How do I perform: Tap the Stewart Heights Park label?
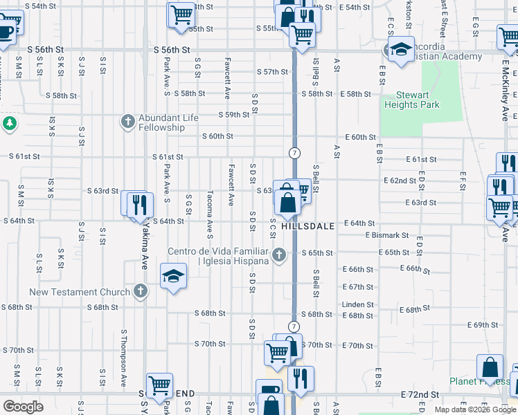(418, 100)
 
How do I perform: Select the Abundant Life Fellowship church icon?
(127, 122)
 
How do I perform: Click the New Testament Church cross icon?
(141, 291)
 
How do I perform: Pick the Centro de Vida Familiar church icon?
(278, 255)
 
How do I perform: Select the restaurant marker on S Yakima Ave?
(141, 205)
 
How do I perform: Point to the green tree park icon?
(9, 123)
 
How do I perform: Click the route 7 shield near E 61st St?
(294, 151)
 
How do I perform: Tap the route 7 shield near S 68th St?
(294, 326)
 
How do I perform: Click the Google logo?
(23, 407)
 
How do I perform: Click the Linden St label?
(357, 304)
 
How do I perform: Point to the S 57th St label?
(271, 72)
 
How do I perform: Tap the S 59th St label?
(233, 115)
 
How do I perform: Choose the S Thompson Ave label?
(124, 367)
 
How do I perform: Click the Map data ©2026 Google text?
(474, 409)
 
